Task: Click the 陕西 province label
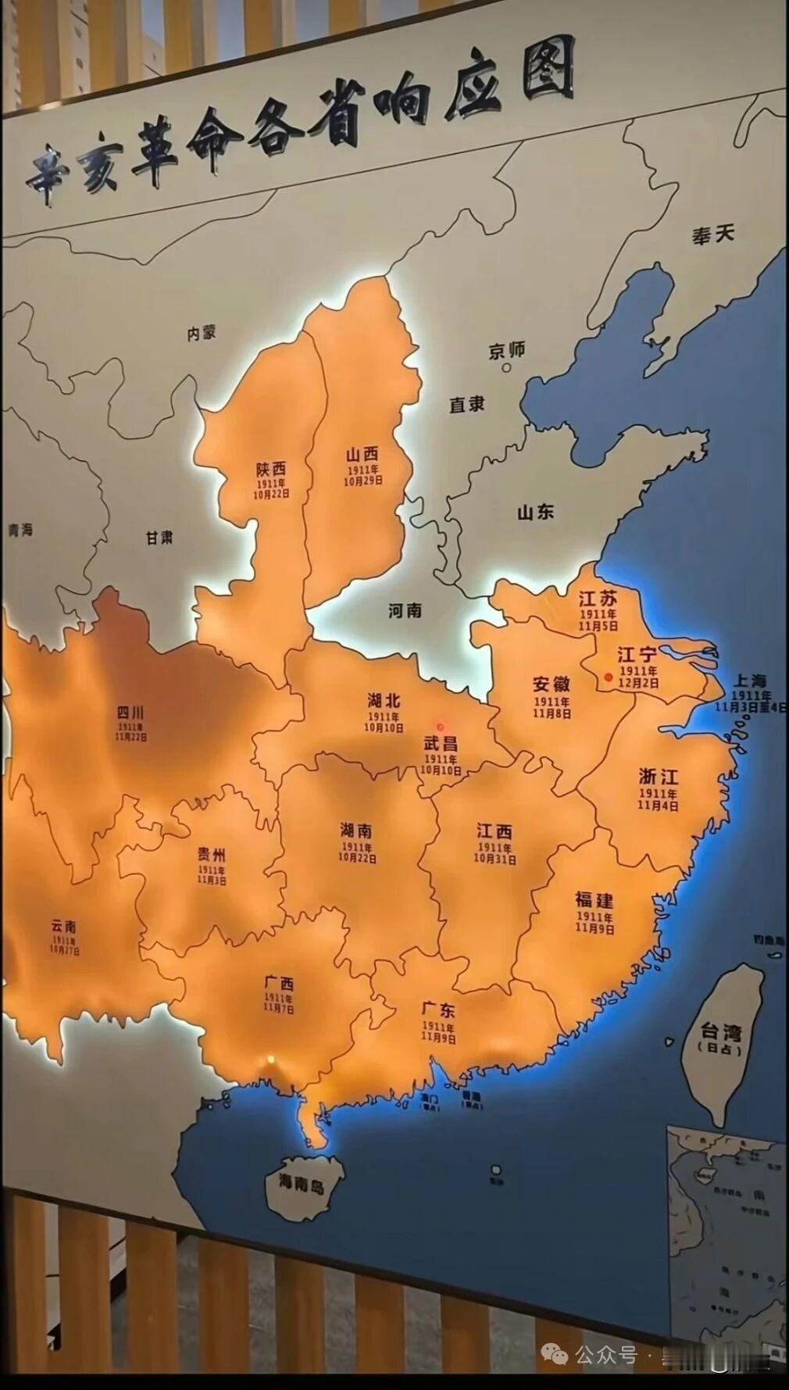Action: coord(270,469)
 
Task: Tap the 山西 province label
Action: coord(362,453)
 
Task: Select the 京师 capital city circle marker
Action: coord(506,367)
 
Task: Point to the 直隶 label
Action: coord(467,404)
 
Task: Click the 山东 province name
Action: coord(535,513)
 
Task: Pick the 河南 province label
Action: coord(405,610)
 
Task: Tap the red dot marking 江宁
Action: coord(608,677)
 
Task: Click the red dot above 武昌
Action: coord(441,727)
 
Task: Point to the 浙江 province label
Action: coord(659,777)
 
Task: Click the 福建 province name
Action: coord(594,899)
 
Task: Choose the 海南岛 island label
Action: coord(301,1185)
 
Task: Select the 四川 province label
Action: coord(130,712)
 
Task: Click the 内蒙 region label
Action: coord(201,333)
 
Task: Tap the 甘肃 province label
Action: coord(159,538)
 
